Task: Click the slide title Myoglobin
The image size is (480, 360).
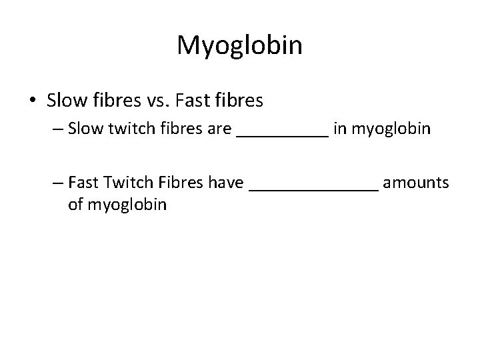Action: point(240,45)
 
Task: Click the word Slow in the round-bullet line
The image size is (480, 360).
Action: point(63,101)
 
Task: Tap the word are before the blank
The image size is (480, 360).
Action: point(218,129)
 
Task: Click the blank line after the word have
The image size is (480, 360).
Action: point(313,187)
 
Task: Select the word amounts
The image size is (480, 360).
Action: point(416,183)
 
